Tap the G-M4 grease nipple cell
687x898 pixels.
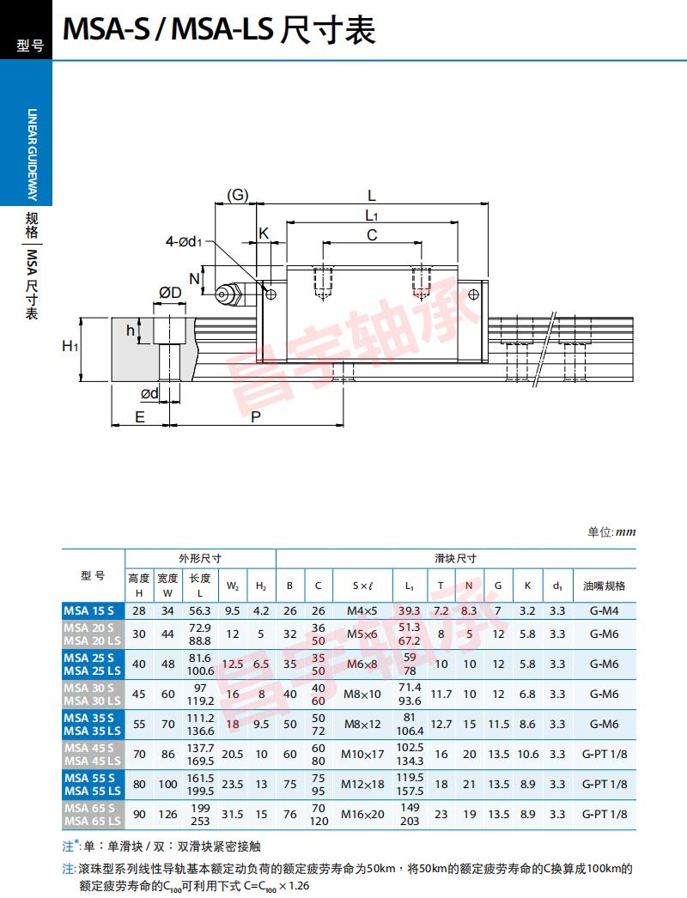(x=605, y=610)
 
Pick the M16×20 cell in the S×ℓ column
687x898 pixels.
(x=363, y=814)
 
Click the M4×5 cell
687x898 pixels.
(x=362, y=610)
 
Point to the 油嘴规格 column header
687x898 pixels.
(x=605, y=586)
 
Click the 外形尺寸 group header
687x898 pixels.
(x=201, y=558)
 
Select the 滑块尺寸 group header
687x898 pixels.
(x=455, y=558)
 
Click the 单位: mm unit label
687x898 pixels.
(x=611, y=532)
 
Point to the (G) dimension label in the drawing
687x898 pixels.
(x=237, y=195)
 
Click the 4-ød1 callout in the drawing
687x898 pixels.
(x=184, y=241)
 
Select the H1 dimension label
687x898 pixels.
(x=70, y=346)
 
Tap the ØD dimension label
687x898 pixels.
(x=170, y=294)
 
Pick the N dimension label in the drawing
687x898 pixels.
(x=195, y=277)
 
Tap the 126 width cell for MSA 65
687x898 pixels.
(x=167, y=814)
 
